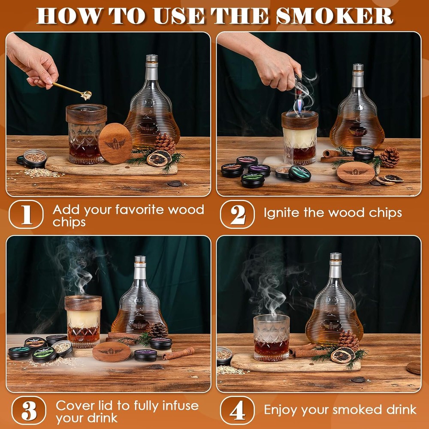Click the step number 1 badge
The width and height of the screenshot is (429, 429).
(26, 214)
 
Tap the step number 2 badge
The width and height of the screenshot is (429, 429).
(237, 214)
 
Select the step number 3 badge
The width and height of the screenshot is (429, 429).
(29, 411)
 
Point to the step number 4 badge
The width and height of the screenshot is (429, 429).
(237, 411)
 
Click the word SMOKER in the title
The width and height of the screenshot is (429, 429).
(335, 16)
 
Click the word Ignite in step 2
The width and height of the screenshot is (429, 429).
(281, 213)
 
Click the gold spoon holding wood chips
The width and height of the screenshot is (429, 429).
(73, 90)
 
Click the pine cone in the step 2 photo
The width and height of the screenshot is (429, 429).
(390, 157)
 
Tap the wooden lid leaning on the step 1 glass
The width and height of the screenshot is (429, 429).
(115, 143)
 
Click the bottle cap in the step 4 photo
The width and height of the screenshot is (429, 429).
(335, 257)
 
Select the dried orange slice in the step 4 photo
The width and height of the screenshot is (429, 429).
(342, 355)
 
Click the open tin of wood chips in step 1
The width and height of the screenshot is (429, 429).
(35, 158)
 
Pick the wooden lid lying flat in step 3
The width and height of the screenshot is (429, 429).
(112, 352)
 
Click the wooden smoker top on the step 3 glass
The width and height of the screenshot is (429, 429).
(83, 303)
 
